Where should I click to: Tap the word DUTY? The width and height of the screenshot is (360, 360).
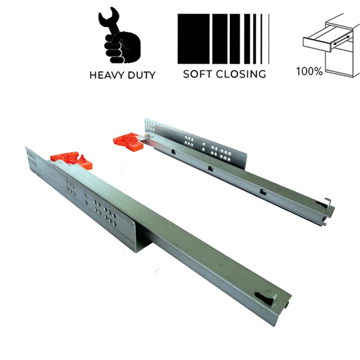pyautogui.click(x=142, y=75)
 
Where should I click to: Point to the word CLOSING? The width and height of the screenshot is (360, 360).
pyautogui.click(x=241, y=74)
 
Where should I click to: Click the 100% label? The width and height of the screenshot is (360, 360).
pyautogui.click(x=310, y=71)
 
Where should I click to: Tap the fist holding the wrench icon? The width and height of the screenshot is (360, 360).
pyautogui.click(x=122, y=47)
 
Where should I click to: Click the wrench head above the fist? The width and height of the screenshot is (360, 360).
pyautogui.click(x=109, y=17)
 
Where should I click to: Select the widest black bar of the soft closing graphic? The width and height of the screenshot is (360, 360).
pyautogui.click(x=193, y=39)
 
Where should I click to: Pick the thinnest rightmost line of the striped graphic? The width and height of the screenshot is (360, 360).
pyautogui.click(x=269, y=39)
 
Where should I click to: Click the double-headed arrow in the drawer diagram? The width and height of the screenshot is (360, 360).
pyautogui.click(x=342, y=40)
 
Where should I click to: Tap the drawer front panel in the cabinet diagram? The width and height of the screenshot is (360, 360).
pyautogui.click(x=317, y=44)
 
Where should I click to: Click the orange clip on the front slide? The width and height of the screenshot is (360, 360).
pyautogui.click(x=71, y=160)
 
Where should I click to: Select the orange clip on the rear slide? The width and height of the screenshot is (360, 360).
pyautogui.click(x=128, y=141)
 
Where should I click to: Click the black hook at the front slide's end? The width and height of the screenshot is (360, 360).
pyautogui.click(x=265, y=299)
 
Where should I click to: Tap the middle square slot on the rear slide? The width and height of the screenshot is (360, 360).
pyautogui.click(x=211, y=169)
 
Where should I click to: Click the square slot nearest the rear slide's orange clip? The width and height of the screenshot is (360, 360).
pyautogui.click(x=173, y=152)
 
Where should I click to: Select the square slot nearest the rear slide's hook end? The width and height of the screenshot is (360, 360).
pyautogui.click(x=263, y=193)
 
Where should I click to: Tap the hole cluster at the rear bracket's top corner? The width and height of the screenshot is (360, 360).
pyautogui.click(x=150, y=125)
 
